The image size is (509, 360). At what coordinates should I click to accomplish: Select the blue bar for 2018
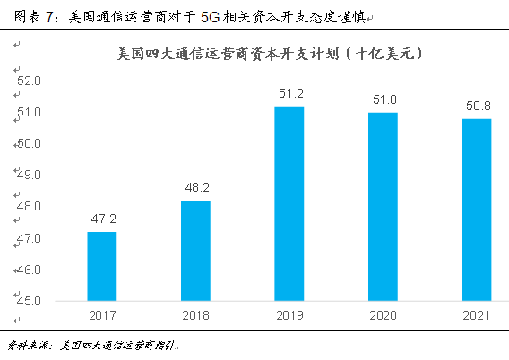pos(195,251)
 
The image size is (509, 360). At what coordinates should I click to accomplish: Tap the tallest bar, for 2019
pos(289,203)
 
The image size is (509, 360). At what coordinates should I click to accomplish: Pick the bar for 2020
pos(383,206)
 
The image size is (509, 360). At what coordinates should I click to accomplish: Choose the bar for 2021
pos(476,210)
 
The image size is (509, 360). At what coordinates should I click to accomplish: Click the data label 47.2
pos(101,219)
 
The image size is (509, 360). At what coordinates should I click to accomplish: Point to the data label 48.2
pos(195,187)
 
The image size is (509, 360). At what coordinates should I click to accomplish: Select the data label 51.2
pos(289,93)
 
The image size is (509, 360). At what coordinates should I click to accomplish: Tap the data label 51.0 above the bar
pos(383,99)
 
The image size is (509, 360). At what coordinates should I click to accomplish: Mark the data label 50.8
pos(476,106)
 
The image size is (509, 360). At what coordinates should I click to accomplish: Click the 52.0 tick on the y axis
pos(30,81)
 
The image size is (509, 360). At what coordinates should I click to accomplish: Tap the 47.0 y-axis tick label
pos(30,238)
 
